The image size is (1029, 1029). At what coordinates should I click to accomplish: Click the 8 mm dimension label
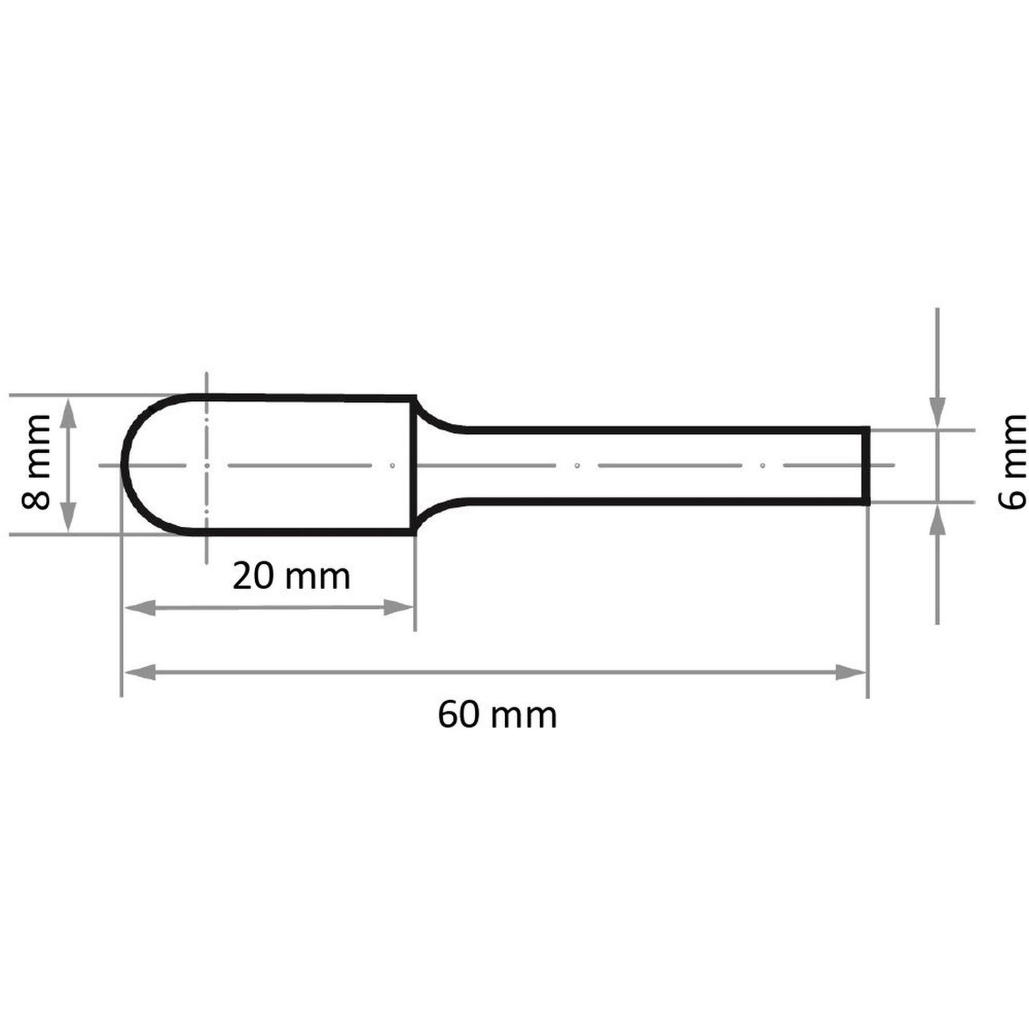coord(36,463)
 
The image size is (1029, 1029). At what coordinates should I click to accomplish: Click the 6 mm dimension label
coord(1012,463)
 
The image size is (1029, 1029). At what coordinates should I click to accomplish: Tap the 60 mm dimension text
coord(498,715)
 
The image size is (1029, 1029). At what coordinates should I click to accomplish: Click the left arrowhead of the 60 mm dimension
coord(139,672)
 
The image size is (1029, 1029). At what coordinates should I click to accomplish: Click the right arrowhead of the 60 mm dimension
coord(850,672)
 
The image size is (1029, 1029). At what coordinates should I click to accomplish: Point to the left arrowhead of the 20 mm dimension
coord(139,608)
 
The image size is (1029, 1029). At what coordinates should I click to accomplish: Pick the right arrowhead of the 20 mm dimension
coord(398,607)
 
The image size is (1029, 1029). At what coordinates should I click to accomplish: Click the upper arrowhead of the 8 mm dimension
coord(68,413)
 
